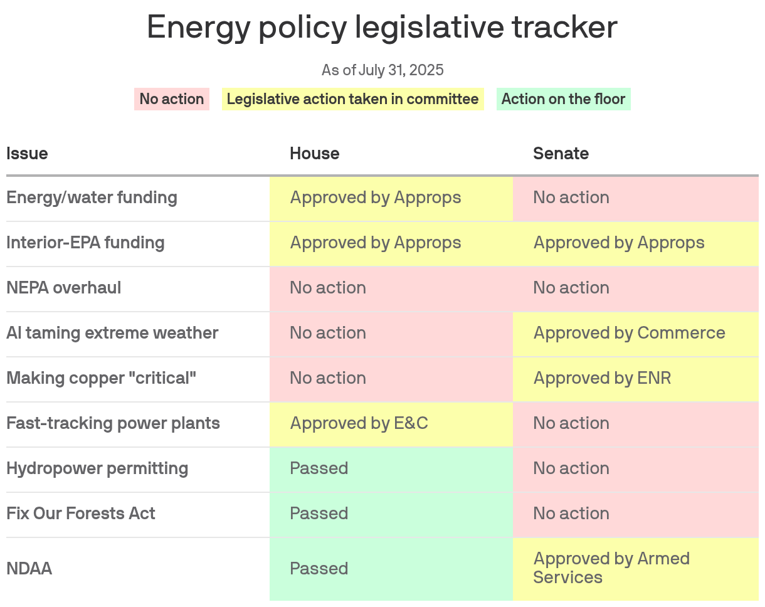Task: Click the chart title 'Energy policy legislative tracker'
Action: pyautogui.click(x=382, y=28)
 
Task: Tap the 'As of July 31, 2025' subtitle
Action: pyautogui.click(x=382, y=70)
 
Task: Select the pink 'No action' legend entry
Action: pyautogui.click(x=171, y=99)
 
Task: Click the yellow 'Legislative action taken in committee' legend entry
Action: pyautogui.click(x=352, y=99)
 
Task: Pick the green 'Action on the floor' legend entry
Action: pyautogui.click(x=563, y=99)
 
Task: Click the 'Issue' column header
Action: pyautogui.click(x=27, y=154)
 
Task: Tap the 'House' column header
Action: pyautogui.click(x=314, y=154)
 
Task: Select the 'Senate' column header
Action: pyautogui.click(x=561, y=154)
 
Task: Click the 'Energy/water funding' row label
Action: pyautogui.click(x=92, y=198)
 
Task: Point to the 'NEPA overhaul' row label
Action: pyautogui.click(x=64, y=288)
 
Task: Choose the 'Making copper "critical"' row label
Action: pyautogui.click(x=101, y=378)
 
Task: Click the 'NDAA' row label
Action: pyautogui.click(x=29, y=569)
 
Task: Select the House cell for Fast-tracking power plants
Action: pyautogui.click(x=391, y=423)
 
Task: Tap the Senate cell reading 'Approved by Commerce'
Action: pyautogui.click(x=635, y=333)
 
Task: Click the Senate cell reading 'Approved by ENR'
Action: pyautogui.click(x=635, y=378)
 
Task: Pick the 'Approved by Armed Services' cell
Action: pyautogui.click(x=635, y=568)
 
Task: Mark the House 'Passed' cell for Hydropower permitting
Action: pyautogui.click(x=391, y=468)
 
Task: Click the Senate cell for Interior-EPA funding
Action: pyautogui.click(x=635, y=243)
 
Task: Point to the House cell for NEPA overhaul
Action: pyautogui.click(x=391, y=288)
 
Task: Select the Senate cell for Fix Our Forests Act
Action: pyautogui.click(x=635, y=514)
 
